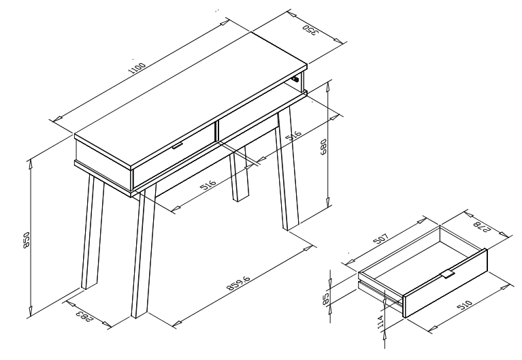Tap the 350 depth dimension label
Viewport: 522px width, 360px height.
(x=310, y=30)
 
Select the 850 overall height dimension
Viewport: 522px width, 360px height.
(x=27, y=240)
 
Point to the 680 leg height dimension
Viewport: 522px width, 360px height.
(x=323, y=147)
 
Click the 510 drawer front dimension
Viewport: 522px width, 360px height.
(x=464, y=306)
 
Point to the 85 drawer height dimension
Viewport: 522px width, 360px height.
(x=326, y=298)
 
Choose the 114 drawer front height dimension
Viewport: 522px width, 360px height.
(x=381, y=323)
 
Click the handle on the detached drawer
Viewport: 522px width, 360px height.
(x=448, y=275)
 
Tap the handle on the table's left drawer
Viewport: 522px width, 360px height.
(x=178, y=146)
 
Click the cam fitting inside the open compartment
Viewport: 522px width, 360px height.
(x=295, y=79)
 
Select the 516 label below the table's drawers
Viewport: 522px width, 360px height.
(x=208, y=185)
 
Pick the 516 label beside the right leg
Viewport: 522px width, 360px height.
(x=294, y=135)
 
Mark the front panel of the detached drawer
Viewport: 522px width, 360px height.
(x=445, y=283)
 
